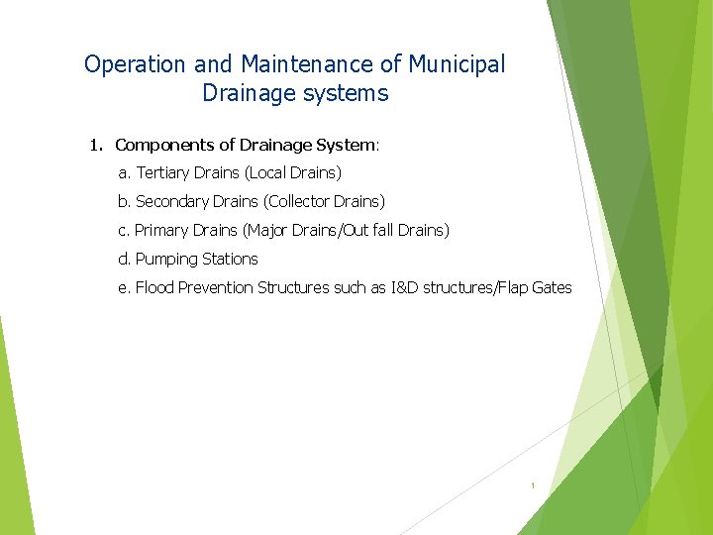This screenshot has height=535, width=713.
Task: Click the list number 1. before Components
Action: click(x=95, y=145)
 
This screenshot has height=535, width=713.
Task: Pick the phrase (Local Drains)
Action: click(x=293, y=173)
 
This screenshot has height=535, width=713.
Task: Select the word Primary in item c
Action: click(x=161, y=231)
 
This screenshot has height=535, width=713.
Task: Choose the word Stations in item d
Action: click(x=230, y=260)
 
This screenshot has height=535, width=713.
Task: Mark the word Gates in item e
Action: click(x=552, y=288)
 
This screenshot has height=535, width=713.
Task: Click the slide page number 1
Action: click(x=533, y=485)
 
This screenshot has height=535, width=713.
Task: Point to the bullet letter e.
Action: click(x=124, y=288)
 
